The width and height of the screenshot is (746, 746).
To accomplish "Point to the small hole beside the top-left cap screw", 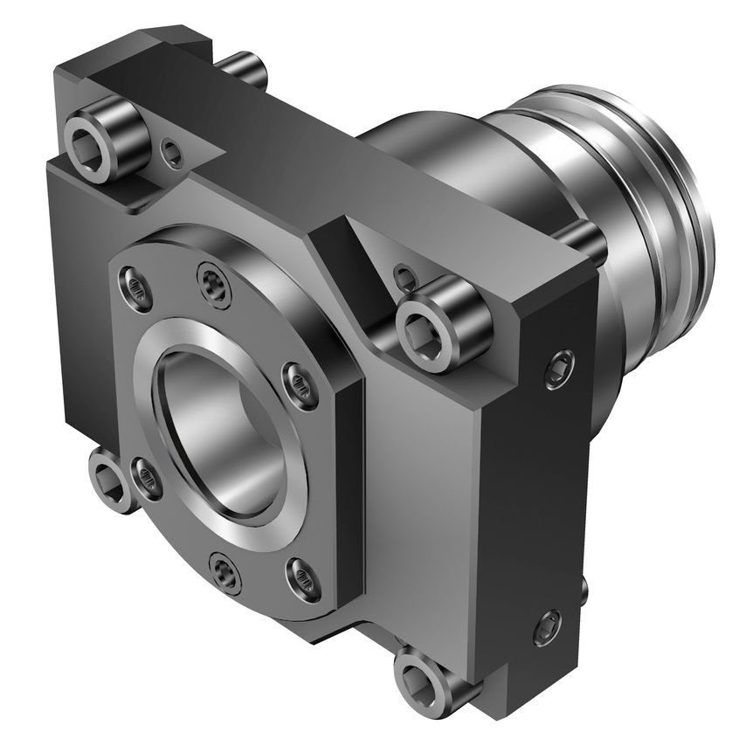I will tap(172, 155).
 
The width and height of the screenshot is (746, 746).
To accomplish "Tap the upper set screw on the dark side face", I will tap(559, 370).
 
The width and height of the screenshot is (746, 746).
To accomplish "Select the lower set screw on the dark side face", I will tap(548, 626).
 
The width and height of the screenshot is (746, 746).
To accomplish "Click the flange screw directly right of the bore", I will tap(300, 384).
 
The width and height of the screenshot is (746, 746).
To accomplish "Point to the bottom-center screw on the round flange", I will tap(226, 573).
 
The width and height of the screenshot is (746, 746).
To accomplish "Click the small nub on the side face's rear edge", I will tap(584, 584).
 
